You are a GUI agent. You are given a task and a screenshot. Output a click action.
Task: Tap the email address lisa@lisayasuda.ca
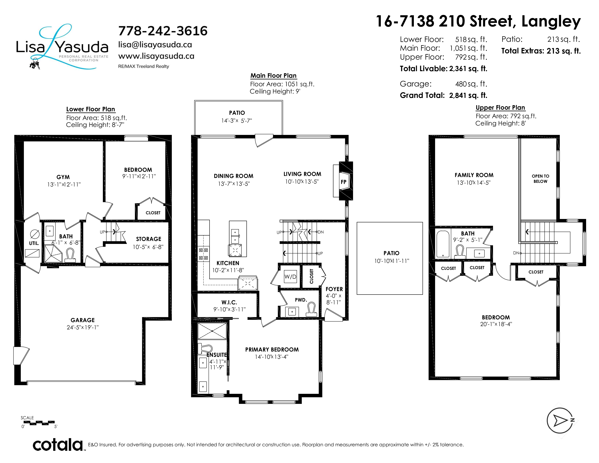point(155,45)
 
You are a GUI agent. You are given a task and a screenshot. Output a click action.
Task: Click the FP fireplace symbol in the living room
point(343,182)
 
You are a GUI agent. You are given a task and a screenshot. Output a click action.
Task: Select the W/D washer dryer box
point(290,277)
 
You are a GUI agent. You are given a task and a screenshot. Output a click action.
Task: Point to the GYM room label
point(63,177)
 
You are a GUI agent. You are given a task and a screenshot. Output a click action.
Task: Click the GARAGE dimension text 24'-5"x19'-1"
point(83,327)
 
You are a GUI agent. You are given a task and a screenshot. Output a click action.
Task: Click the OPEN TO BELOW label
point(540,178)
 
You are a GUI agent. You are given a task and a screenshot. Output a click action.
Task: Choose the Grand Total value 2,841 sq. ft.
point(468,96)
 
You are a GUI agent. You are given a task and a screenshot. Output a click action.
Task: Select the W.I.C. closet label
point(229,302)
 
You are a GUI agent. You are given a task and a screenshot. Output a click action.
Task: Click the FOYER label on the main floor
point(334,289)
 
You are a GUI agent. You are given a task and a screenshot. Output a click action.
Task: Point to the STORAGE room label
point(149,239)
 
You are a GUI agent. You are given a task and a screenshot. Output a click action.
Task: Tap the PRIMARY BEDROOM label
point(272,350)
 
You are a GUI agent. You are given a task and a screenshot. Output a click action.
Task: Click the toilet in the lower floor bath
point(70,255)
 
